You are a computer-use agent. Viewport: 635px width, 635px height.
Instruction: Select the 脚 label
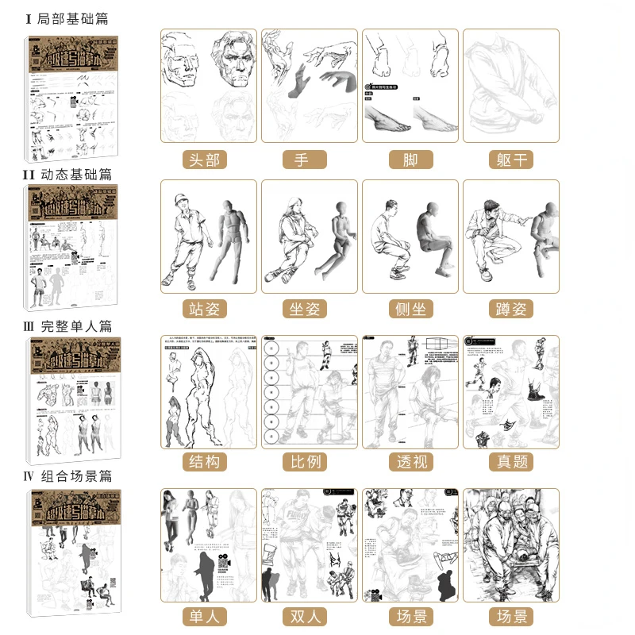410,160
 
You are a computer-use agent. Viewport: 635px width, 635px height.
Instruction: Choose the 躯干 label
511,160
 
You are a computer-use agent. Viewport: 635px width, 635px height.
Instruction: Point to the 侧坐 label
410,309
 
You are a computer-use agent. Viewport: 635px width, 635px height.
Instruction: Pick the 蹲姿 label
511,309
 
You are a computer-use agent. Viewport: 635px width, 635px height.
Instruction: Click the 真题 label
511,461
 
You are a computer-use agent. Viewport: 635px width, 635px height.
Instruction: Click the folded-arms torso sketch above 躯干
511,87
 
